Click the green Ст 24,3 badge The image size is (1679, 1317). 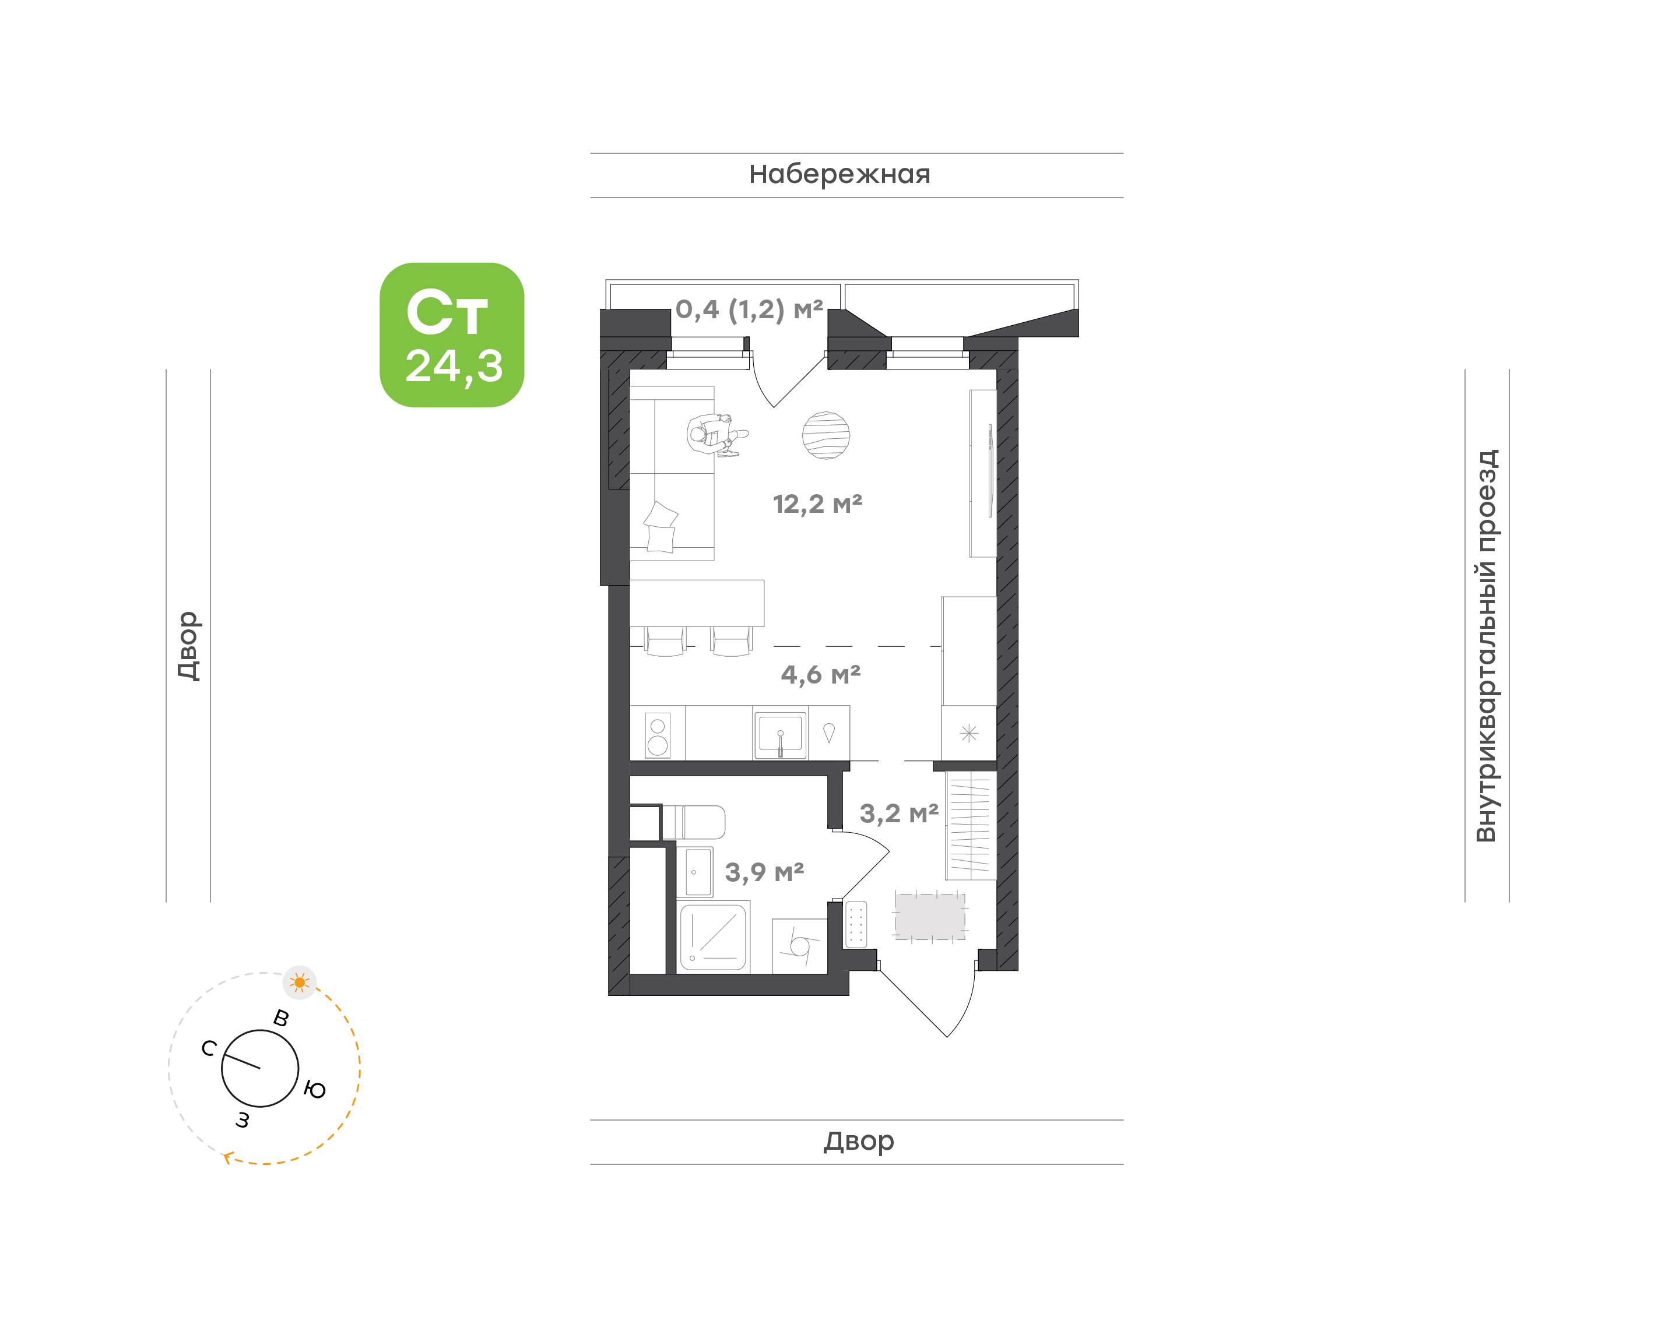(451, 334)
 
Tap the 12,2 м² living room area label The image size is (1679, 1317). (817, 504)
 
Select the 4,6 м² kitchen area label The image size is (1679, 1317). (821, 675)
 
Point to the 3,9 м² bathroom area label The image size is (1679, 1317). (764, 872)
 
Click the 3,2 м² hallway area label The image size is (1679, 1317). (900, 813)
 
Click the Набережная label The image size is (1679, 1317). (840, 174)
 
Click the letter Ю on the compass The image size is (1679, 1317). (315, 1090)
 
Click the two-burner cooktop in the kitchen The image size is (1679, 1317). (658, 735)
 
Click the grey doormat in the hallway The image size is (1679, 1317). (930, 916)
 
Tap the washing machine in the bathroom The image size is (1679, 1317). (800, 946)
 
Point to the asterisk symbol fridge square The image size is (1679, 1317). (969, 733)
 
